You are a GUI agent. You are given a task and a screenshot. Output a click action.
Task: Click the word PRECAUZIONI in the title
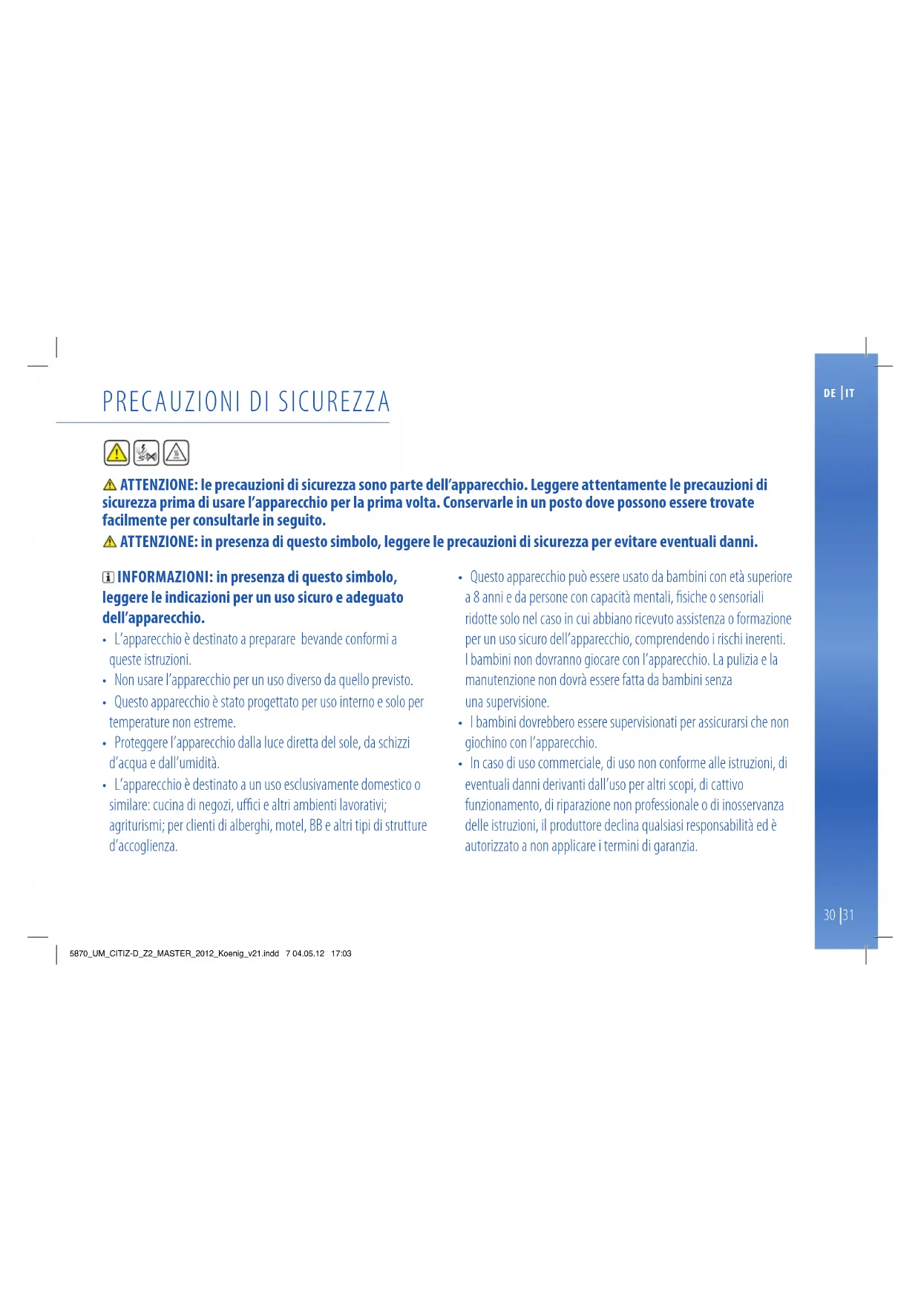pyautogui.click(x=171, y=402)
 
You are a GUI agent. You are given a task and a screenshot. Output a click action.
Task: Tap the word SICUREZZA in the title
pyautogui.click(x=334, y=402)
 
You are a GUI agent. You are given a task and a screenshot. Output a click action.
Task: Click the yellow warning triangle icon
pyautogui.click(x=117, y=452)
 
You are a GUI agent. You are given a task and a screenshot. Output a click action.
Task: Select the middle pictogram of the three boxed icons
pyautogui.click(x=146, y=452)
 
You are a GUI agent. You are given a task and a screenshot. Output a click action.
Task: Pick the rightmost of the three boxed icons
pyautogui.click(x=176, y=452)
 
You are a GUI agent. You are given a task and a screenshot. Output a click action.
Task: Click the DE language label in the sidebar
pyautogui.click(x=829, y=393)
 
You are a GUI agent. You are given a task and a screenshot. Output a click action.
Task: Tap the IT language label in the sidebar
pyautogui.click(x=850, y=393)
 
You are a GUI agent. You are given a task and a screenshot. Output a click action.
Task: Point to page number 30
pyautogui.click(x=829, y=915)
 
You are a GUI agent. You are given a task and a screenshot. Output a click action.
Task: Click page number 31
pyautogui.click(x=848, y=915)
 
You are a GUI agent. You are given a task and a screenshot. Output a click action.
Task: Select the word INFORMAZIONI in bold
pyautogui.click(x=165, y=577)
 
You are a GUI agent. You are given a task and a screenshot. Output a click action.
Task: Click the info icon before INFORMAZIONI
pyautogui.click(x=108, y=578)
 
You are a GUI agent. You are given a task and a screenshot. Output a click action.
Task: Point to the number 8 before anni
pyautogui.click(x=476, y=598)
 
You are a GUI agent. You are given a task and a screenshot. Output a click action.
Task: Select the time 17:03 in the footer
pyautogui.click(x=341, y=954)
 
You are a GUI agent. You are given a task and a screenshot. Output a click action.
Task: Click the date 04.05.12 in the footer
pyautogui.click(x=308, y=954)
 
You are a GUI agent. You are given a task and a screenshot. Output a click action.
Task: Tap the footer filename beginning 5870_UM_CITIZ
pyautogui.click(x=174, y=954)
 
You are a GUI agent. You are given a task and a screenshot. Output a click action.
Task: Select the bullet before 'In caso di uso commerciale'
pyautogui.click(x=460, y=764)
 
